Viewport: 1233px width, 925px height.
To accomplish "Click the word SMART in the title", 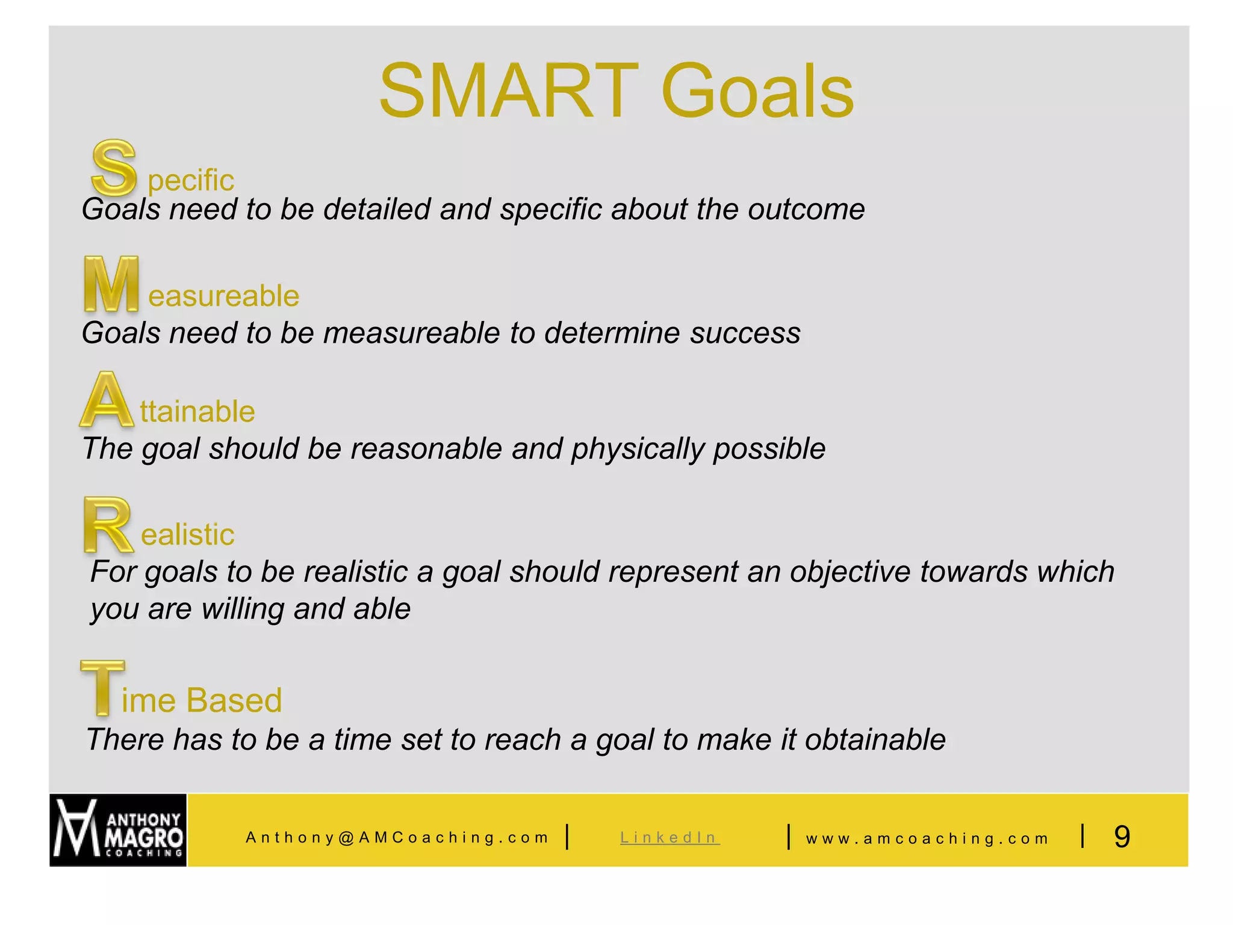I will click(509, 92).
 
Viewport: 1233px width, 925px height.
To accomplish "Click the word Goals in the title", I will click(757, 92).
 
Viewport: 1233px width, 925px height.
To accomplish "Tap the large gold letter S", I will click(113, 167).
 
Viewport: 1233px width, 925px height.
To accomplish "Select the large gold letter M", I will click(111, 284).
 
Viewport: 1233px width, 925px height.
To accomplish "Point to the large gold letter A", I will click(107, 400).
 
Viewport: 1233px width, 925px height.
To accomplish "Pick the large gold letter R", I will click(107, 525).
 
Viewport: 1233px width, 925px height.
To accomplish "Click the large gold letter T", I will click(102, 688).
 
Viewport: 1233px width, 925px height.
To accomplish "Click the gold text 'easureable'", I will click(223, 296).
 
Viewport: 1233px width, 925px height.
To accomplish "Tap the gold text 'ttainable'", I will click(197, 412).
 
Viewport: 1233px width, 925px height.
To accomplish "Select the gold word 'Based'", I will click(234, 700).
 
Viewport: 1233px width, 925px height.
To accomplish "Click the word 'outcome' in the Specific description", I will click(806, 210).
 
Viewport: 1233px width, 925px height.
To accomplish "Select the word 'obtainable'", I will click(875, 740).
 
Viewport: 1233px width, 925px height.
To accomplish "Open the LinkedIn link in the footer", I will click(669, 838).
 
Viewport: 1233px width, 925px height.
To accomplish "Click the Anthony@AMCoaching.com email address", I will click(397, 838).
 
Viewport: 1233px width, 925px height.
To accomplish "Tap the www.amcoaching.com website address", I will click(927, 839).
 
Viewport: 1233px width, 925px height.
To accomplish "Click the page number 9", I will click(1122, 837).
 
